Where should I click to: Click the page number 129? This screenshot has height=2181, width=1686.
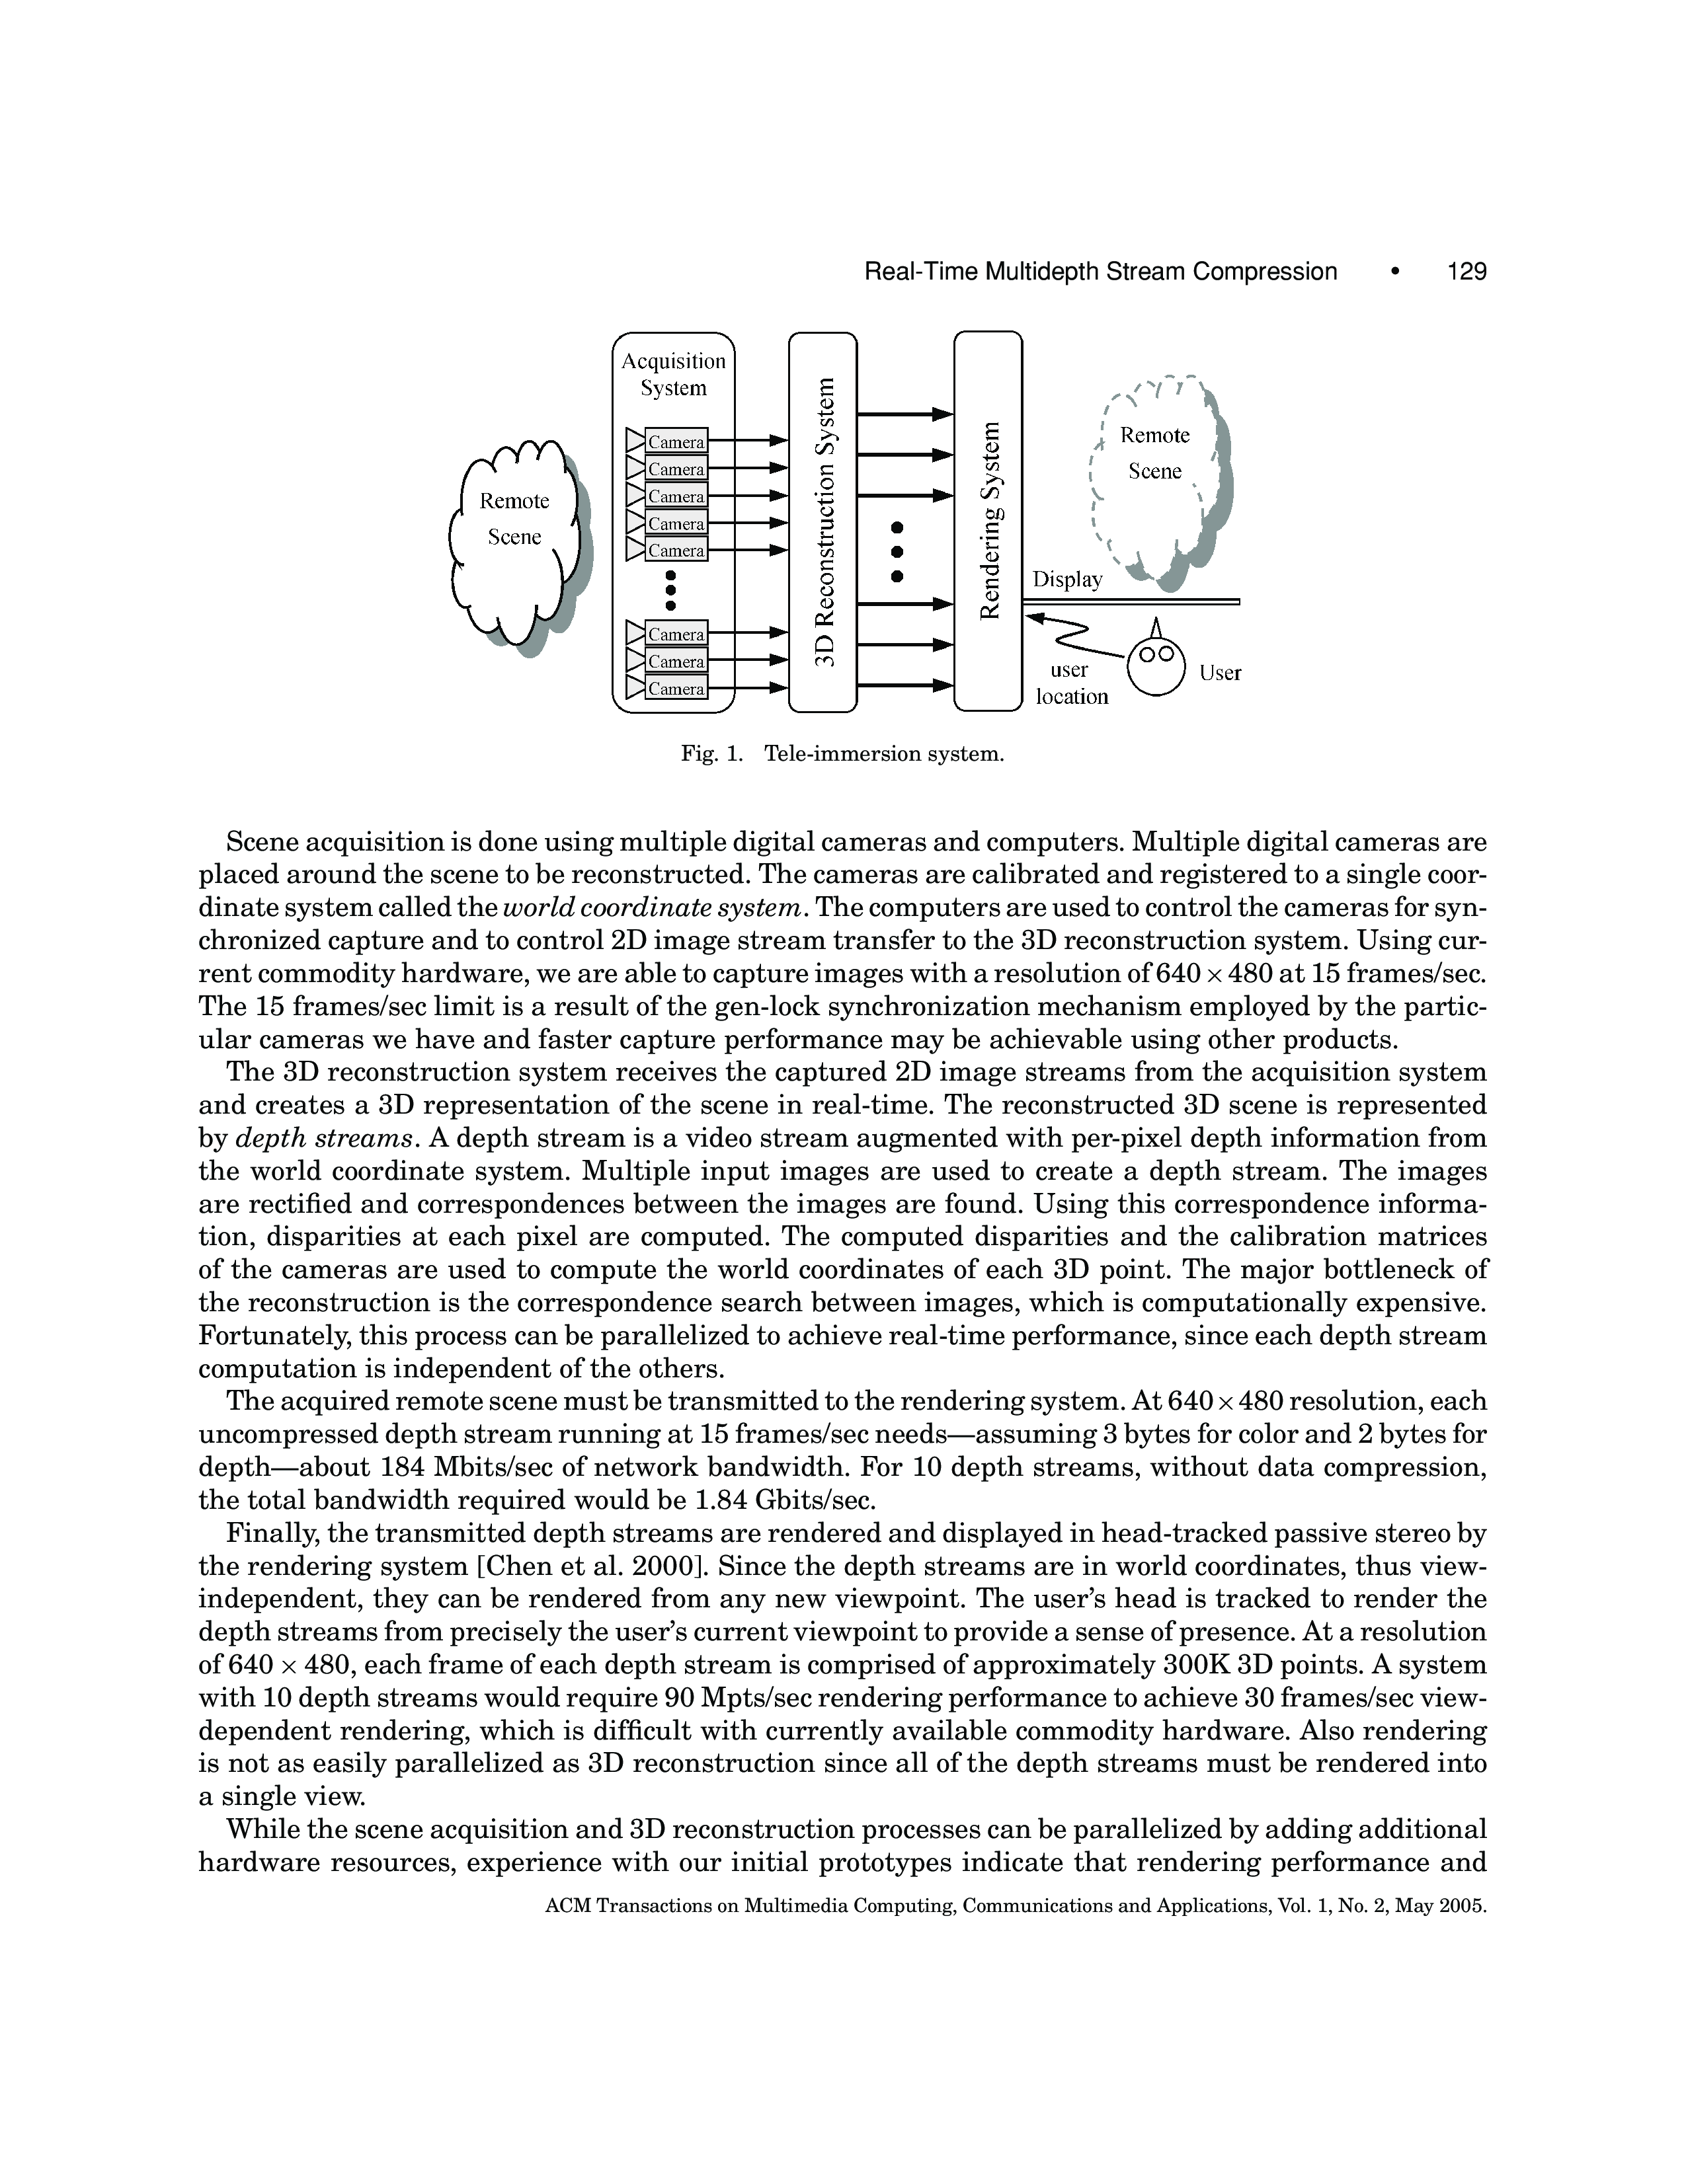coord(1466,272)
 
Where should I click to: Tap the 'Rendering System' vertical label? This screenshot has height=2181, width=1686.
coord(989,521)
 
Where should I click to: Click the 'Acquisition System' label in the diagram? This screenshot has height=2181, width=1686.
coord(673,375)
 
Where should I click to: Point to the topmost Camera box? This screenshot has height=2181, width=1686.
coord(676,441)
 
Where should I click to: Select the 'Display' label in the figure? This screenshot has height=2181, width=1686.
coord(1066,579)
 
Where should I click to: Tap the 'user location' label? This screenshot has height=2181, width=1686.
coord(1070,683)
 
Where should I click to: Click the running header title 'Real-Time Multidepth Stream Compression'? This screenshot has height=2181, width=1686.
coord(1100,272)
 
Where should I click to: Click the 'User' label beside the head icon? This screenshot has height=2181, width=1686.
coord(1220,673)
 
